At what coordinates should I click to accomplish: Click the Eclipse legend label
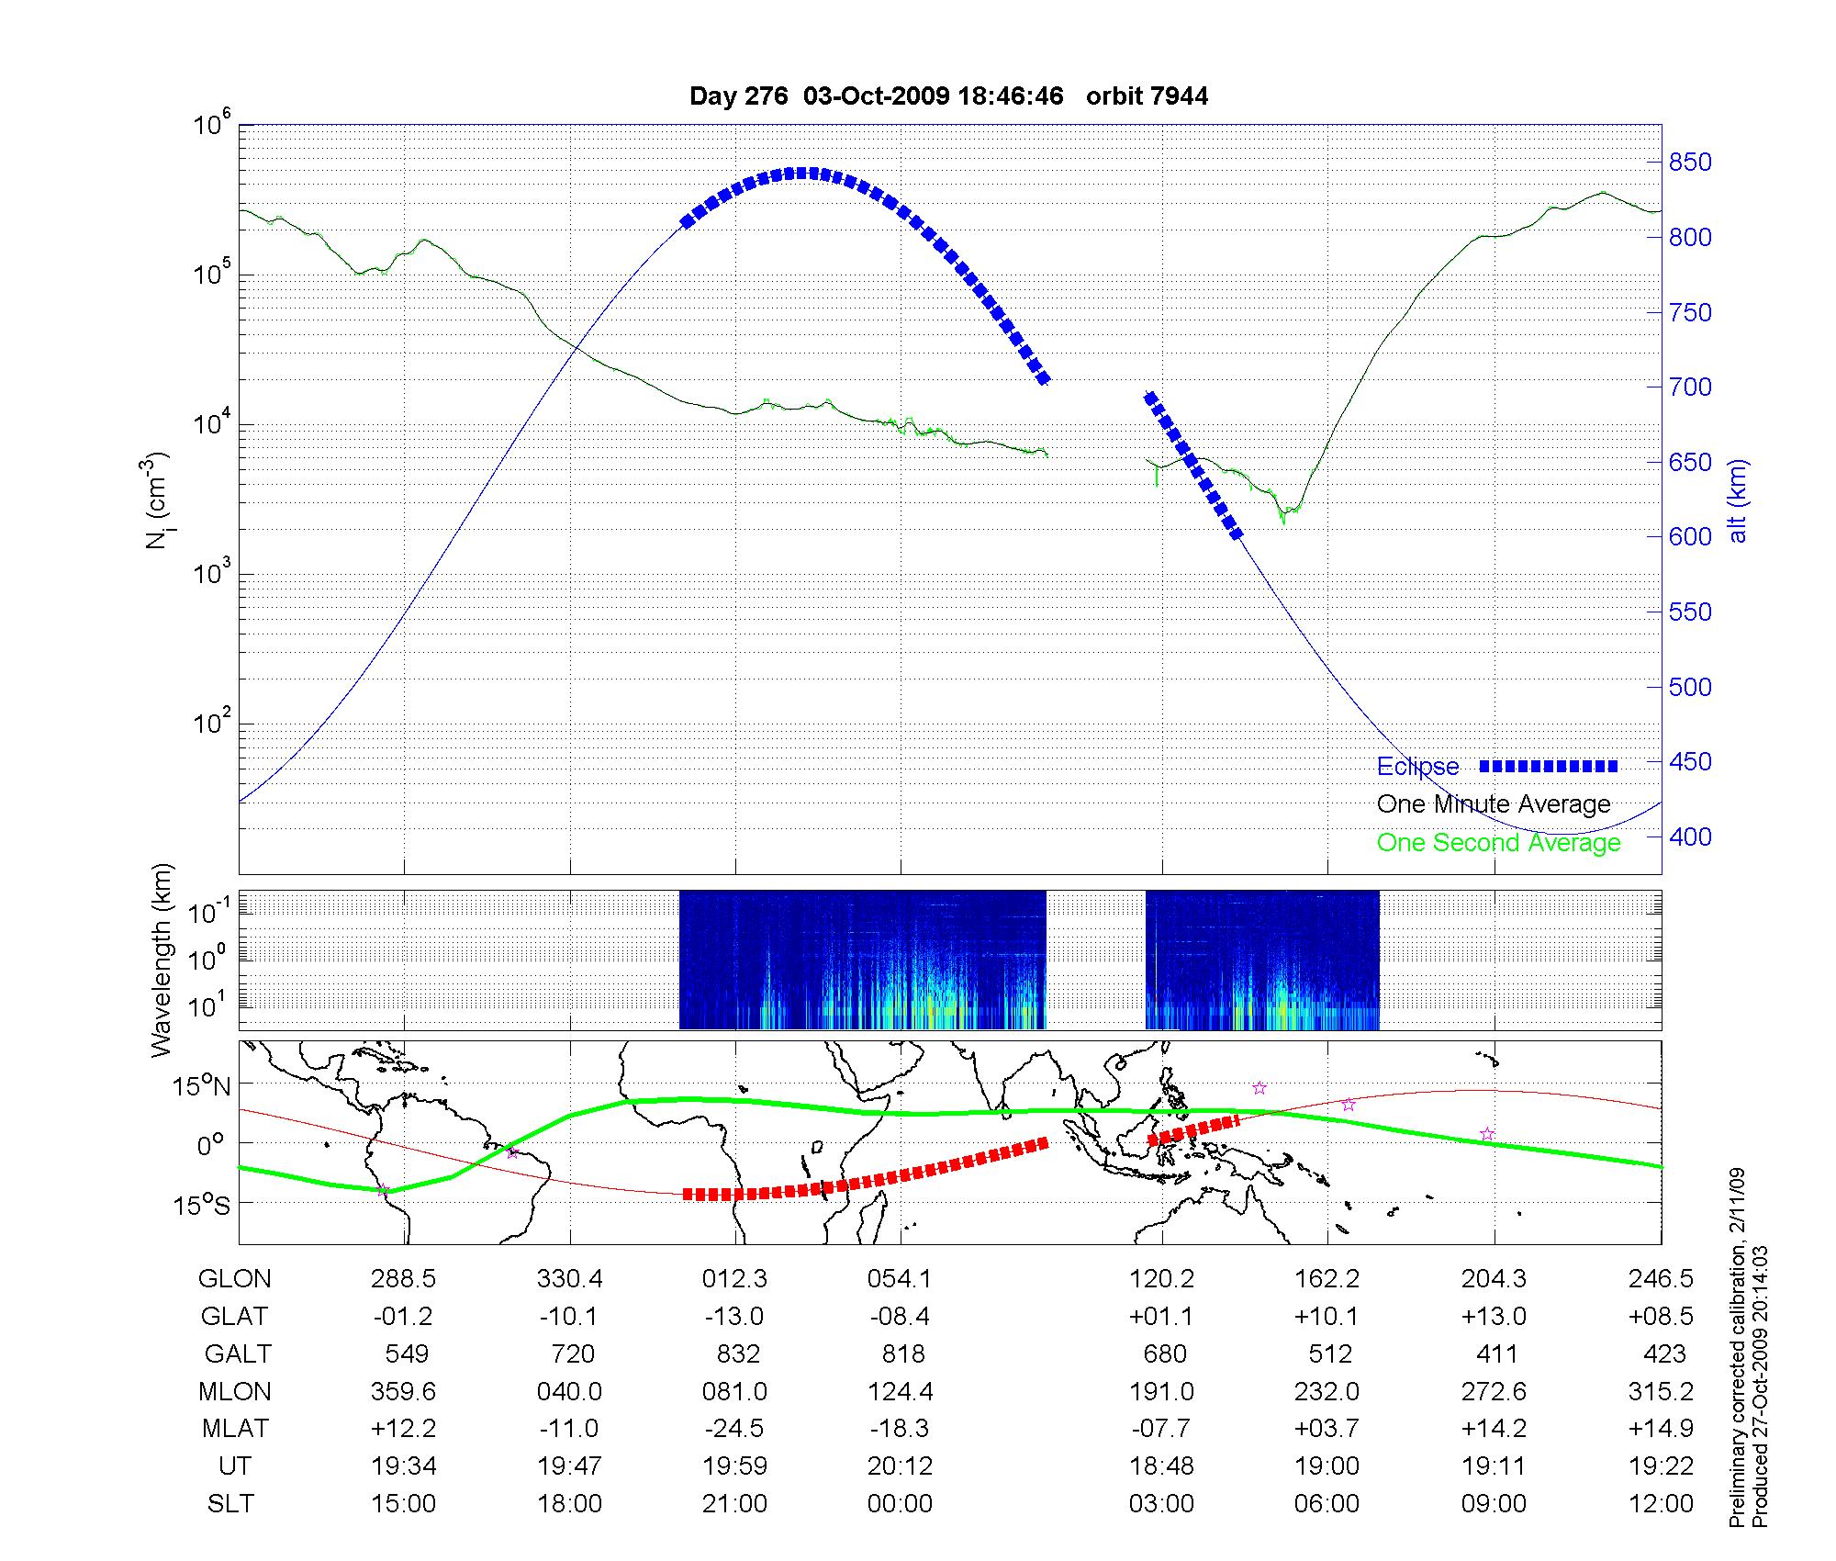[x=1417, y=767]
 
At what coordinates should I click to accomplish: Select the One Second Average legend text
[x=1498, y=843]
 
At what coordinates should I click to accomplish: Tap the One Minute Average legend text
[x=1494, y=804]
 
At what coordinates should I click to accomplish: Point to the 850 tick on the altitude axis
[x=1690, y=163]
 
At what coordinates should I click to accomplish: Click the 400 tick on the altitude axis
[x=1690, y=837]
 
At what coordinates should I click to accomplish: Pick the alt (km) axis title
[x=1738, y=500]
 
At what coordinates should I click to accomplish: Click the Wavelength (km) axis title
[x=162, y=960]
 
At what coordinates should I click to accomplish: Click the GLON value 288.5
[x=403, y=1279]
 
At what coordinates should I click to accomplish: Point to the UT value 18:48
[x=1161, y=1466]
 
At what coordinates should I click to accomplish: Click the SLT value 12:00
[x=1663, y=1504]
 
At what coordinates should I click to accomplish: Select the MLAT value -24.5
[x=734, y=1429]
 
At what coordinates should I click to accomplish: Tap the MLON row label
[x=235, y=1392]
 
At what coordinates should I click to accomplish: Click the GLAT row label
[x=234, y=1317]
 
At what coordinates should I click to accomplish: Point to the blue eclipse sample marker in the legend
[x=1549, y=767]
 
